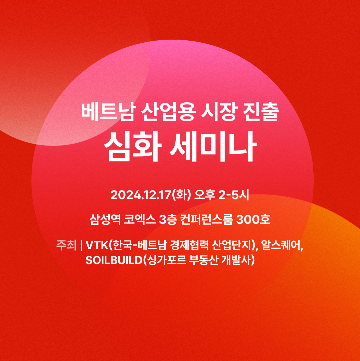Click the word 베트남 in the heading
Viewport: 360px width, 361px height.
pos(107,112)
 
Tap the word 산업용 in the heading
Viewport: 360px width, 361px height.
pos(168,112)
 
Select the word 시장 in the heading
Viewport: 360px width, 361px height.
pos(218,112)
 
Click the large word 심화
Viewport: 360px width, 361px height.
pos(133,147)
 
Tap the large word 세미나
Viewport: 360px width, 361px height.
pos(213,147)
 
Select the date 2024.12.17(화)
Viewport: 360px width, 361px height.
pos(151,195)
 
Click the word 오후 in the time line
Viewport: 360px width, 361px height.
pos(205,195)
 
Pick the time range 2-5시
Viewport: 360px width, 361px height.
pos(234,195)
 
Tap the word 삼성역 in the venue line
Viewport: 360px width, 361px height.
pos(105,219)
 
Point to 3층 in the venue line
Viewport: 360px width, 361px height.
pos(168,219)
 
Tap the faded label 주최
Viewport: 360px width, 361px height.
pos(66,245)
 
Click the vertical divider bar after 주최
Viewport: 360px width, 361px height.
pos(81,245)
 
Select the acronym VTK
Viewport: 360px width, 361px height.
pos(97,245)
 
